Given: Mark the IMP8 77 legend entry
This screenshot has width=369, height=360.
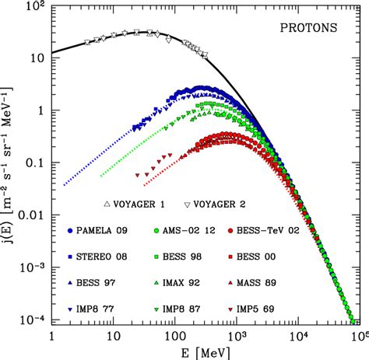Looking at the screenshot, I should pyautogui.click(x=97, y=297).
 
